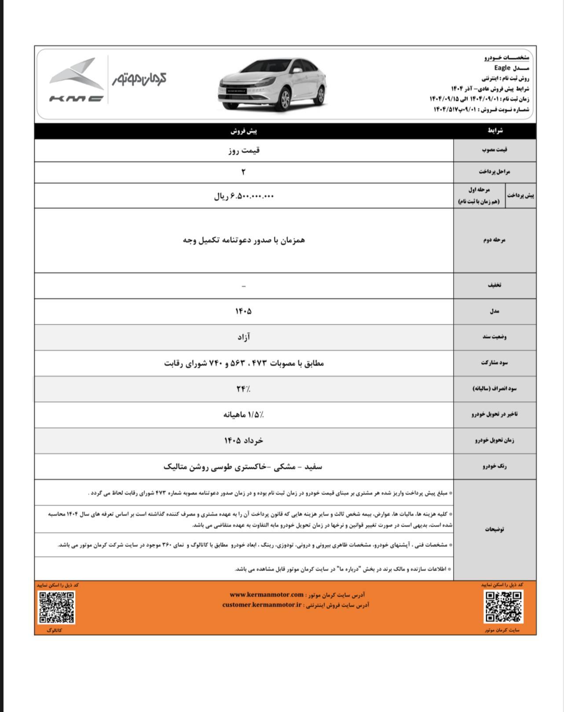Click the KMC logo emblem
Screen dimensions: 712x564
coord(76,79)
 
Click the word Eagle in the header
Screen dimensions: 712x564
coord(502,68)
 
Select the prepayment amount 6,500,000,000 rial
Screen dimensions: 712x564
coord(243,196)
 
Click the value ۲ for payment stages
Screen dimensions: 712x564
coord(243,172)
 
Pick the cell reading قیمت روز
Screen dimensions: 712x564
coord(244,150)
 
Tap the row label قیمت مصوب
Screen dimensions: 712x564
coord(494,150)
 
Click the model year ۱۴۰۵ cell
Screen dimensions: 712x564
coord(243,312)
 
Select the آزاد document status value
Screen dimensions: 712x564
coord(243,338)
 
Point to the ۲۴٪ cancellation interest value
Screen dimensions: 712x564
coord(243,389)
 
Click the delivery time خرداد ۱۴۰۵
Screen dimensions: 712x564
coord(243,440)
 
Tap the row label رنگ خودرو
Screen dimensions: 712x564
coord(494,466)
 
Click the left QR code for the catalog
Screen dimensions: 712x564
coord(57,607)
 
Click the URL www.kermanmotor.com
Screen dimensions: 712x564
coord(267,595)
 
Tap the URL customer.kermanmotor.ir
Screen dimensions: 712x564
coord(262,605)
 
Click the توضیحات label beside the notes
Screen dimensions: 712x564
coord(494,529)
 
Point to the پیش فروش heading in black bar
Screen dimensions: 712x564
coord(243,131)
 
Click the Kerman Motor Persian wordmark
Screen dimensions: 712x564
coord(139,79)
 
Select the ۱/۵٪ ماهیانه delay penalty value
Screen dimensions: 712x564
coord(243,415)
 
